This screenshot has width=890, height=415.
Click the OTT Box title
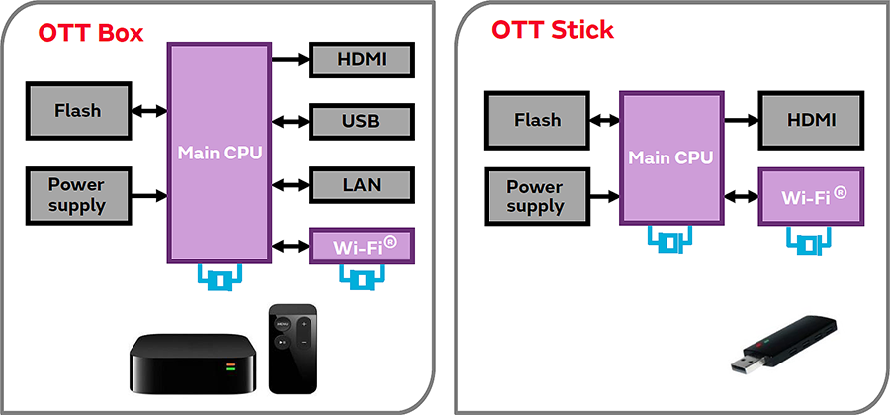pyautogui.click(x=91, y=32)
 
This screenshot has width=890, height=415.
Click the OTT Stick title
pyautogui.click(x=553, y=30)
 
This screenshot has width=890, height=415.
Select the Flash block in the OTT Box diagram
pyautogui.click(x=78, y=110)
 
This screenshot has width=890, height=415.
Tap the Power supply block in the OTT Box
pyautogui.click(x=77, y=195)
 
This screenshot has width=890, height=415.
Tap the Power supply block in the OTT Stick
pyautogui.click(x=535, y=196)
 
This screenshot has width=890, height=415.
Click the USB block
pyautogui.click(x=361, y=122)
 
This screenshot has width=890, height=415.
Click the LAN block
pyautogui.click(x=361, y=183)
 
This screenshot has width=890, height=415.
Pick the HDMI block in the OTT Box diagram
pyautogui.click(x=361, y=60)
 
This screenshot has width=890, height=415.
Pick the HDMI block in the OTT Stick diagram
pyautogui.click(x=812, y=120)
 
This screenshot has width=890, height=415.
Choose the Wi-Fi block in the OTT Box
pyautogui.click(x=361, y=244)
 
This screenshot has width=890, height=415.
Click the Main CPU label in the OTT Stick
pyautogui.click(x=670, y=157)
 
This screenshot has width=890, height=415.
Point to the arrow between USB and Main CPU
pyautogui.click(x=291, y=122)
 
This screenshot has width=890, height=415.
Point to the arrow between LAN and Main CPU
pyautogui.click(x=291, y=183)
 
